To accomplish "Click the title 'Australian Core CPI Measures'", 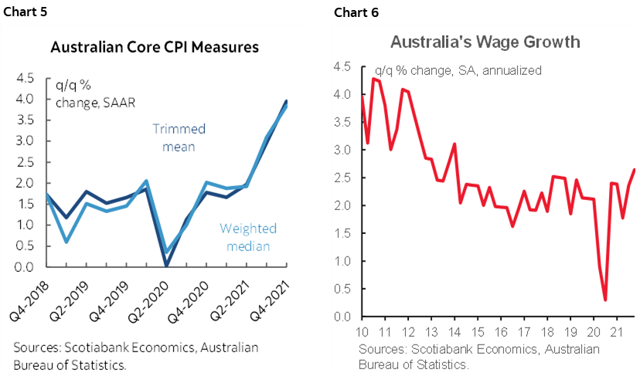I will coord(154,48).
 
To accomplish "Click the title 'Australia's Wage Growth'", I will coord(485,42).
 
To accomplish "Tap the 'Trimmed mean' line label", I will coord(179,137).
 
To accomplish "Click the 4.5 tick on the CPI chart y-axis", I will coord(24,78).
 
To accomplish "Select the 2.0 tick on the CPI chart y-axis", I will coord(24,183).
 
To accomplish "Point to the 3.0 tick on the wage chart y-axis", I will coord(342,150).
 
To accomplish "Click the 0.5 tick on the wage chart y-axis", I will coord(342,289).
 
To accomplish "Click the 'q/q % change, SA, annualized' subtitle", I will coord(458,70).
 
